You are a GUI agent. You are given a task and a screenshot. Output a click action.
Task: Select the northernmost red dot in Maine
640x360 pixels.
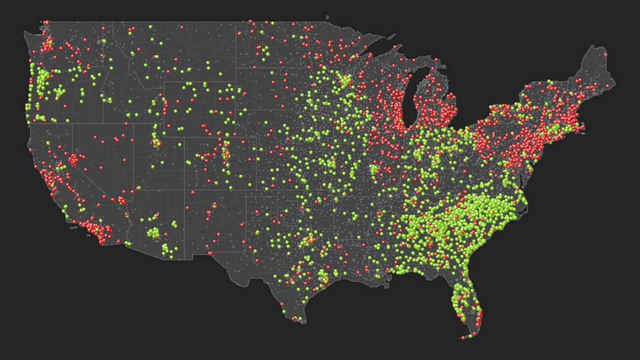tap(605, 54)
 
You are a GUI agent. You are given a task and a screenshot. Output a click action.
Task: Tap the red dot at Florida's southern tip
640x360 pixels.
tap(471, 335)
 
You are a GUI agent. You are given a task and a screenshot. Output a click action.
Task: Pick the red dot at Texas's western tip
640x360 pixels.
tap(211, 253)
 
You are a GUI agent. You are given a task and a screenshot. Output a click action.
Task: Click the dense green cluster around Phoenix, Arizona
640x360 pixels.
tap(154, 233)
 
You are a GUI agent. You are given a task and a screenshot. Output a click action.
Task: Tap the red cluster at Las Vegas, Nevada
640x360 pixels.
tap(122, 200)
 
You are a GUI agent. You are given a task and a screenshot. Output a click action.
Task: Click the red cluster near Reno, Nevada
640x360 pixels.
tap(73, 159)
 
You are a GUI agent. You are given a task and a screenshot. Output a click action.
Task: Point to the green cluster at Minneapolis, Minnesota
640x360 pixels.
tap(344, 81)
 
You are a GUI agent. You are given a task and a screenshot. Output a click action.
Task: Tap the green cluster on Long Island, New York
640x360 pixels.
tap(557, 130)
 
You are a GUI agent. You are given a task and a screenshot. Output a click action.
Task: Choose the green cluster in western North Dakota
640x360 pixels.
tap(262, 52)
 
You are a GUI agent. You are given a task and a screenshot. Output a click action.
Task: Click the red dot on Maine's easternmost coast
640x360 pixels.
tap(607, 85)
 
